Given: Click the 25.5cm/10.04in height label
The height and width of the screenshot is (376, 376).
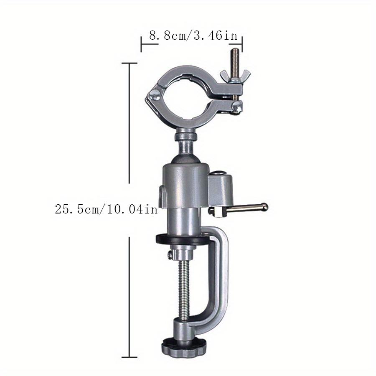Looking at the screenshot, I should click(106, 209).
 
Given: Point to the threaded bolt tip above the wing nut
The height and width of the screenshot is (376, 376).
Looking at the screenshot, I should click(235, 53).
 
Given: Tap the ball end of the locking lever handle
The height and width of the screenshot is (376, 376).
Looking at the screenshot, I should click(264, 206).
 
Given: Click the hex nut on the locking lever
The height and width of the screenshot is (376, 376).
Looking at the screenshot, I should click(216, 212).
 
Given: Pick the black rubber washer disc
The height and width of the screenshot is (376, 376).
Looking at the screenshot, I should click(183, 239).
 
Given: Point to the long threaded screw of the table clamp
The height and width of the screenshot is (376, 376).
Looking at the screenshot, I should click(183, 292).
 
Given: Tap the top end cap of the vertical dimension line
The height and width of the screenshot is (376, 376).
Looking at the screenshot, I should click(129, 63).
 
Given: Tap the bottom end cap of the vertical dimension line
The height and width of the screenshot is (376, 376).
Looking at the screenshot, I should click(129, 357).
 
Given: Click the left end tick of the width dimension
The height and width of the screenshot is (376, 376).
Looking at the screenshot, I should click(141, 43).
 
